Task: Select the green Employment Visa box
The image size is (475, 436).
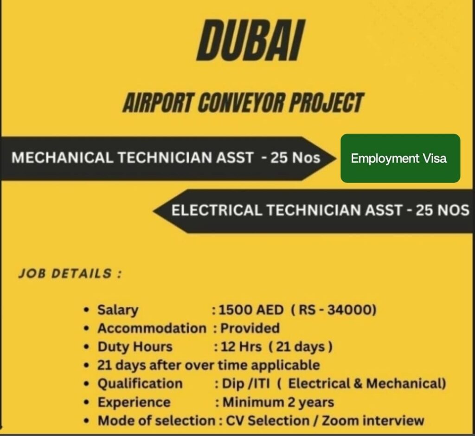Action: pyautogui.click(x=400, y=158)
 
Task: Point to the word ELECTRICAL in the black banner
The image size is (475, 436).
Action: pyautogui.click(x=217, y=210)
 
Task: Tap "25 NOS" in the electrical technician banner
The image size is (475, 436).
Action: pyautogui.click(x=442, y=210)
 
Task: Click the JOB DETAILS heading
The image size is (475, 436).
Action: pyautogui.click(x=70, y=273)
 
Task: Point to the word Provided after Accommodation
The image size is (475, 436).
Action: pyautogui.click(x=250, y=329)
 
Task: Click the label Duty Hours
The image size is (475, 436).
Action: pyautogui.click(x=135, y=347)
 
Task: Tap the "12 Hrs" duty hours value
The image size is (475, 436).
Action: pyautogui.click(x=241, y=347)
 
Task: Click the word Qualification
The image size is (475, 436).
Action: pyautogui.click(x=140, y=384)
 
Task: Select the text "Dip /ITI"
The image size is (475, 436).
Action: pyautogui.click(x=246, y=384)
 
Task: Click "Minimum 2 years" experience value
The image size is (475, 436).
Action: pyautogui.click(x=278, y=403)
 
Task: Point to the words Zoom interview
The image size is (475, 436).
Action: pyautogui.click(x=372, y=421)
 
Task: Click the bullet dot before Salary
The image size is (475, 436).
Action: pyautogui.click(x=87, y=310)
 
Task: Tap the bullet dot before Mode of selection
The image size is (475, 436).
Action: pyautogui.click(x=87, y=421)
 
